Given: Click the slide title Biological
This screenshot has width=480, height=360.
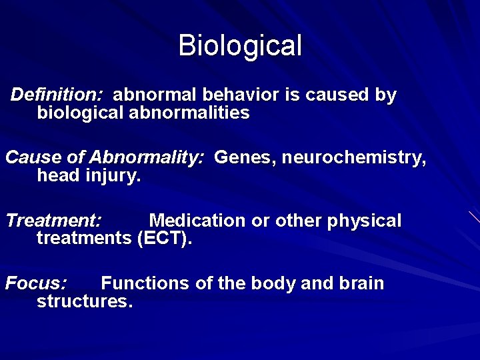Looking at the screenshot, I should click(240, 46).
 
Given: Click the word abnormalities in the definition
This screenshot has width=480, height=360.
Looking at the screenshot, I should click(188, 113).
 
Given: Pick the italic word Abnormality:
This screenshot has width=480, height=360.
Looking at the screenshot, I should click(146, 158).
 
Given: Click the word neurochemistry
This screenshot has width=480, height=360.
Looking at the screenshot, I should click(353, 158).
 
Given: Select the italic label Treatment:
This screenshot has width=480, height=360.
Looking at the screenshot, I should click(53, 221).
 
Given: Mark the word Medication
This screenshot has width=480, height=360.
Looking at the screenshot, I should click(197, 221).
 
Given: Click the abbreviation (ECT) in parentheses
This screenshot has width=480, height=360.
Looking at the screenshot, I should click(164, 239).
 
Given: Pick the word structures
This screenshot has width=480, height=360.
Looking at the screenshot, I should click(85, 301).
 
